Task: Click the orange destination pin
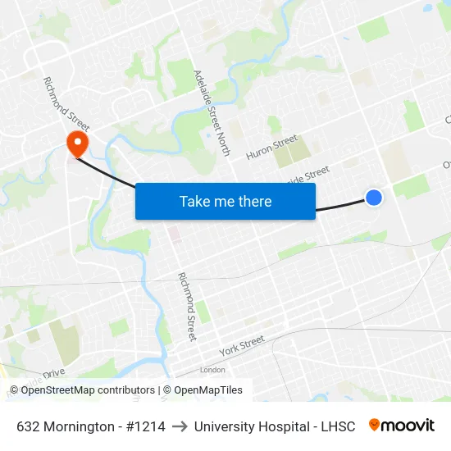coord(77,143)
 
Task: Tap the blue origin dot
coord(373,197)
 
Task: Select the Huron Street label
coord(272,146)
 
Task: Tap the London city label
coord(212,370)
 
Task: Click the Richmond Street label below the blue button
coord(188,306)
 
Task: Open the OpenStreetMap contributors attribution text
coord(88,390)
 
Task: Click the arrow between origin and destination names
coord(180,426)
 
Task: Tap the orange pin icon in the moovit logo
coord(375,425)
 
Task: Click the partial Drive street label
coord(54,373)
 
